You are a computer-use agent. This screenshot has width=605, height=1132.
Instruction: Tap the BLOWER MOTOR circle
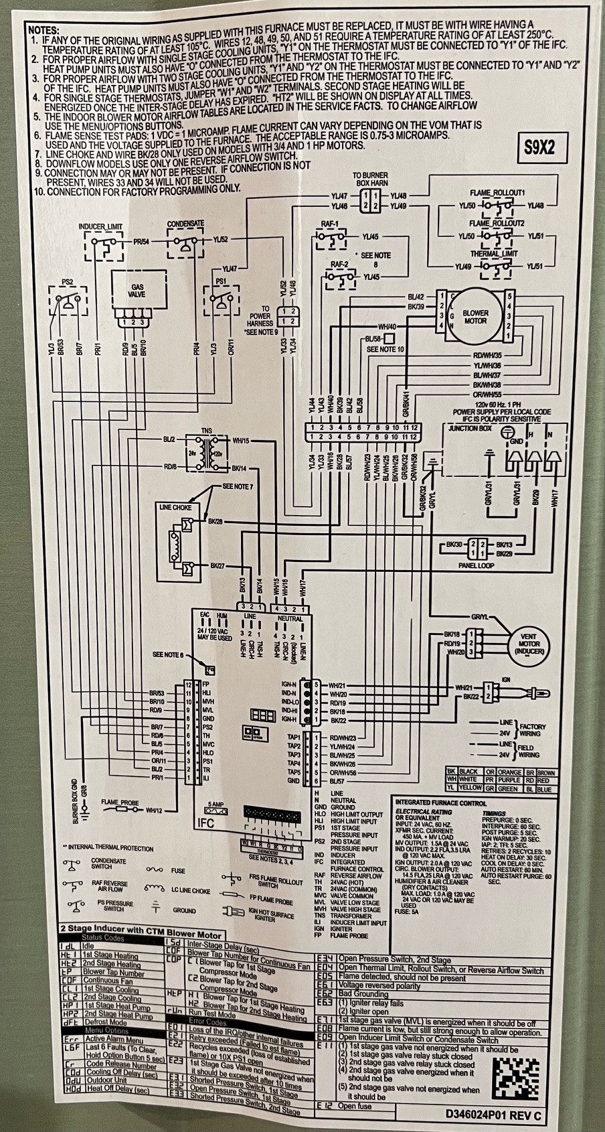[474, 317]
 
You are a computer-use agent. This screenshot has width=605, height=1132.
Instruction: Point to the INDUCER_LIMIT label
[101, 226]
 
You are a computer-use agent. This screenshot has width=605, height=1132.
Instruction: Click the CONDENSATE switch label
[186, 223]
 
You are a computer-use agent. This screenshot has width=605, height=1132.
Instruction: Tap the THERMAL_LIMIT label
[494, 254]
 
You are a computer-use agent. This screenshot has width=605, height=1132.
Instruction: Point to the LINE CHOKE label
[175, 507]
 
